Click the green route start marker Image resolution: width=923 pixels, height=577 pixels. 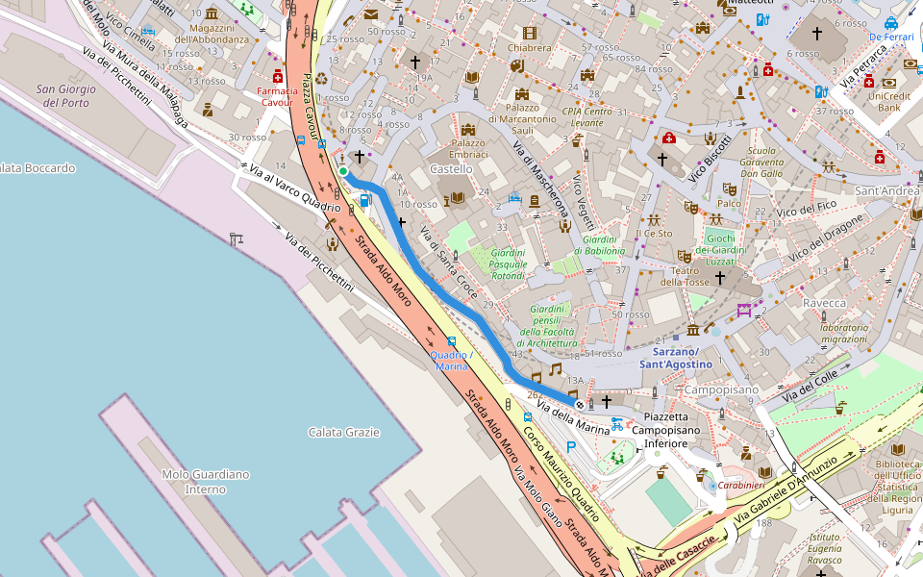click(x=342, y=172)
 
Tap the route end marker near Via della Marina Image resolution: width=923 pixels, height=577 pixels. click(x=579, y=406)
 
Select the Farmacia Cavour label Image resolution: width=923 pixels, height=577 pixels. click(x=278, y=96)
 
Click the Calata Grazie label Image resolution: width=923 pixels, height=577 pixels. click(x=344, y=433)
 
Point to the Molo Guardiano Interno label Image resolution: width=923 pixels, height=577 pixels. click(x=206, y=482)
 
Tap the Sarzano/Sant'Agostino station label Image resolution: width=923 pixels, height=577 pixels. click(x=676, y=359)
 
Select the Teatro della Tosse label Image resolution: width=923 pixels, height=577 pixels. click(x=685, y=276)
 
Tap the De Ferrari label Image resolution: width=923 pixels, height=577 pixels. click(x=890, y=37)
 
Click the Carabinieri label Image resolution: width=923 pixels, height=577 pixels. click(x=740, y=487)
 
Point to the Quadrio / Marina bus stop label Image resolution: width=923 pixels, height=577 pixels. click(x=450, y=361)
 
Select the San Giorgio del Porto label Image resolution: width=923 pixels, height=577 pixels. click(x=62, y=96)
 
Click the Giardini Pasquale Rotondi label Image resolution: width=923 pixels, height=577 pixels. click(x=507, y=263)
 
